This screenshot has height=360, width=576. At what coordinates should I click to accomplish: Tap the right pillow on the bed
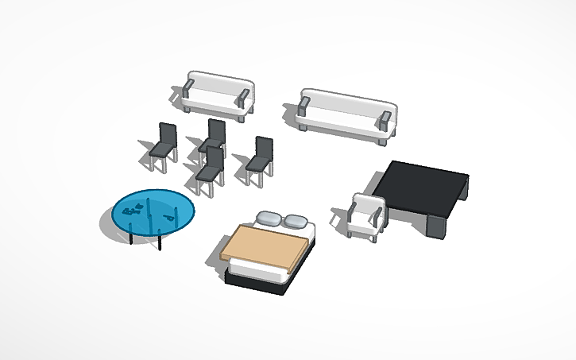point(296,223)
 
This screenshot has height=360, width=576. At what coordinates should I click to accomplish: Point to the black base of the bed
point(254,284)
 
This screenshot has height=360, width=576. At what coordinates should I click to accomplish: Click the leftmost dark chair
point(164,144)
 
